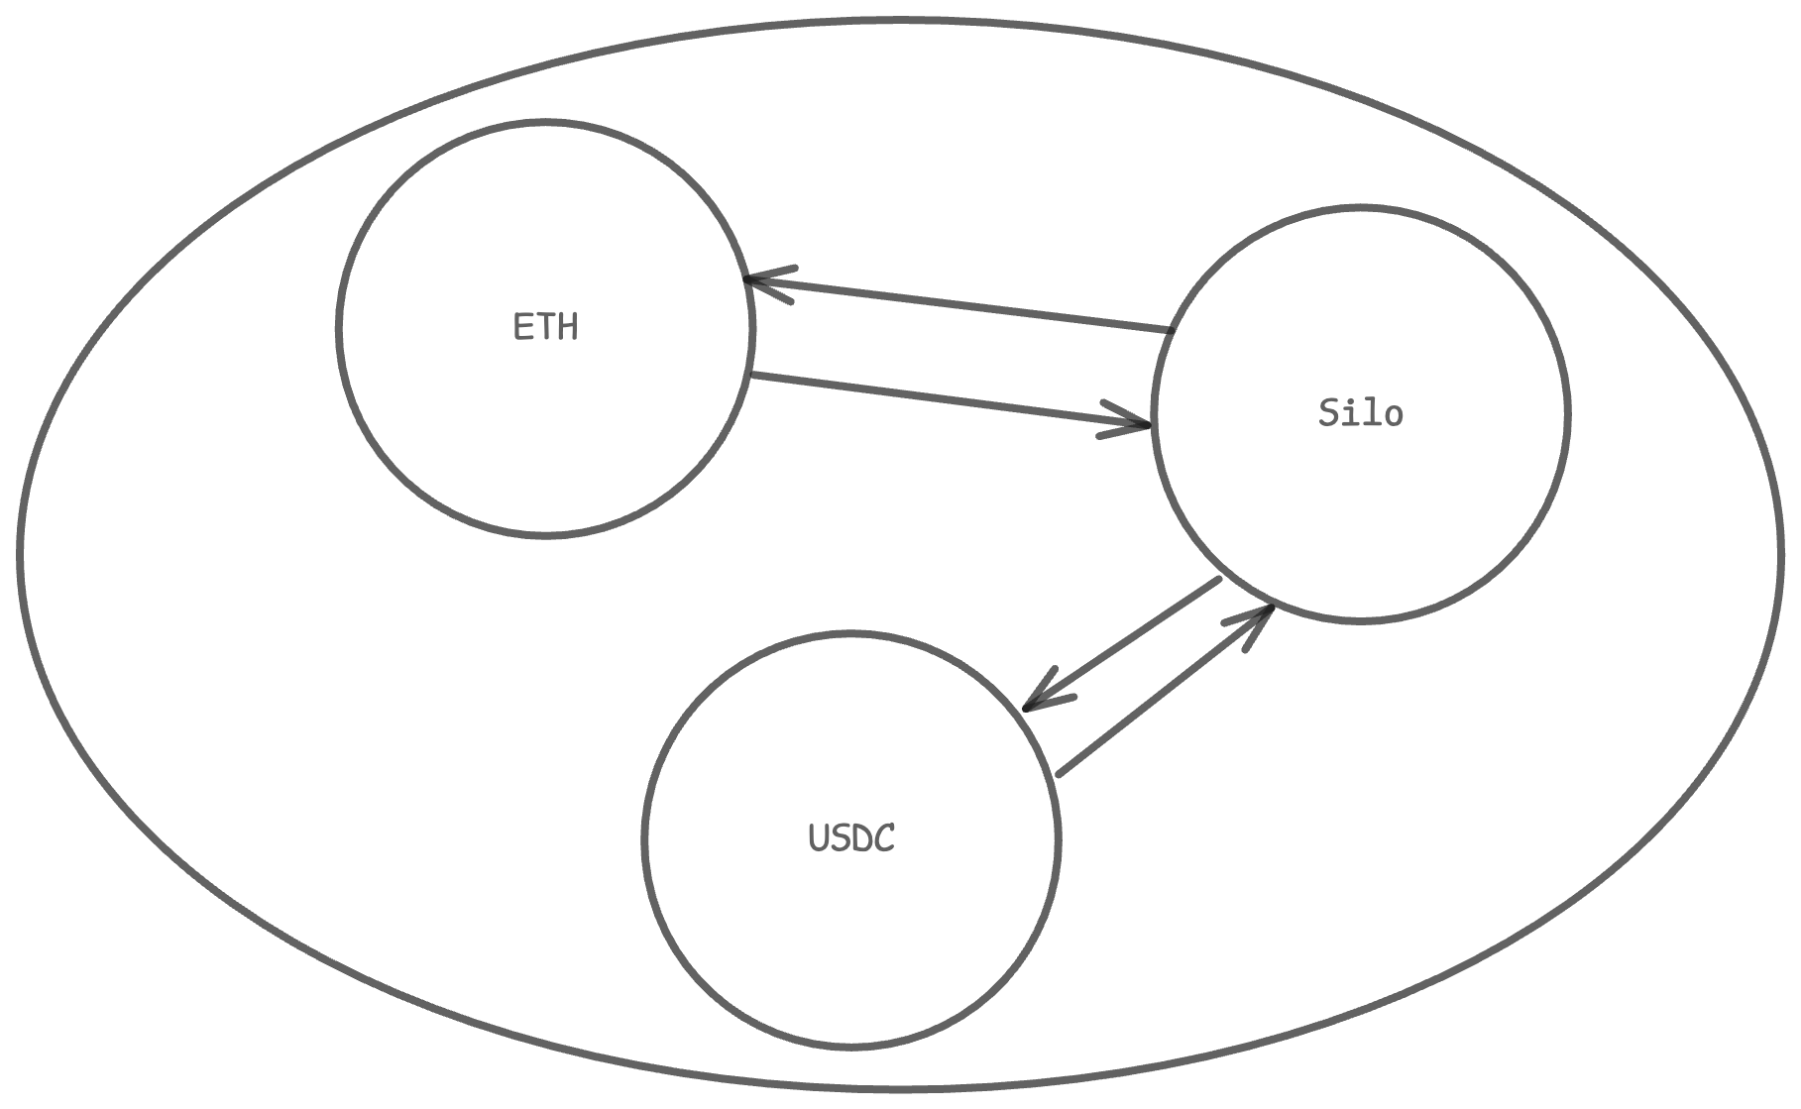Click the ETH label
point(545,327)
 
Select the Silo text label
point(1360,413)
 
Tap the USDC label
point(851,838)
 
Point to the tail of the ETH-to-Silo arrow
point(755,376)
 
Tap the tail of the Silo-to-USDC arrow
point(1217,581)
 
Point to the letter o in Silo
point(1393,416)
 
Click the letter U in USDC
point(819,838)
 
